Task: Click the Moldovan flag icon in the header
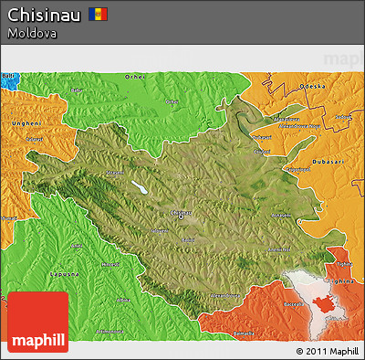click(x=99, y=15)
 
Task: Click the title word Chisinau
click(x=45, y=15)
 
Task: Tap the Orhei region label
click(x=134, y=78)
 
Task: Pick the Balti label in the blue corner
click(x=8, y=76)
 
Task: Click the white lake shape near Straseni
click(x=141, y=187)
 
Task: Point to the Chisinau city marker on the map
click(x=181, y=217)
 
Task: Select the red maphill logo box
click(x=37, y=323)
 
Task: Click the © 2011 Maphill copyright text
click(x=327, y=350)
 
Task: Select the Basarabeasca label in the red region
click(x=245, y=304)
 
